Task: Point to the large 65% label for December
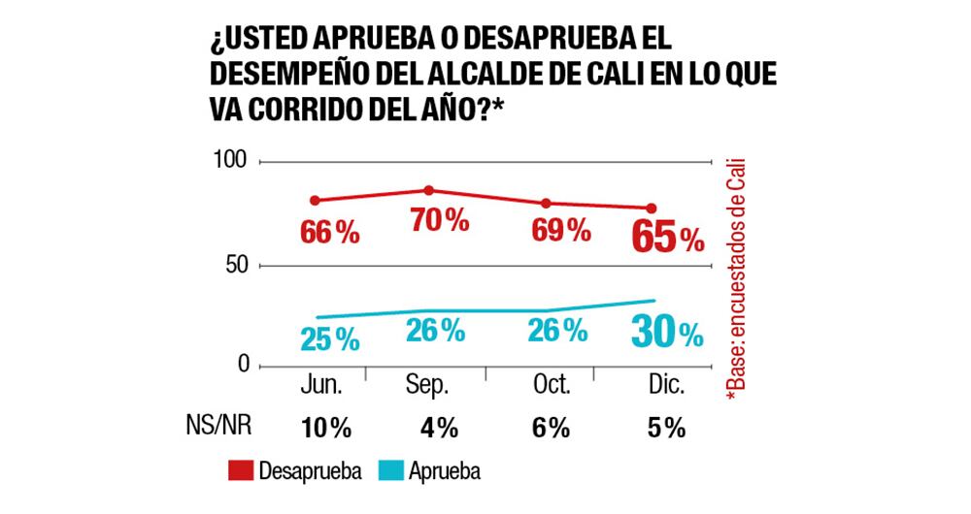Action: (666, 237)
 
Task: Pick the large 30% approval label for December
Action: (665, 333)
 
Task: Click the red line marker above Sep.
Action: (428, 190)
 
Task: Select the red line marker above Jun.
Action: (315, 201)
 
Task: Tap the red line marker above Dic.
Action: (652, 208)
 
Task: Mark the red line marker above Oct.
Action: (546, 203)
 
